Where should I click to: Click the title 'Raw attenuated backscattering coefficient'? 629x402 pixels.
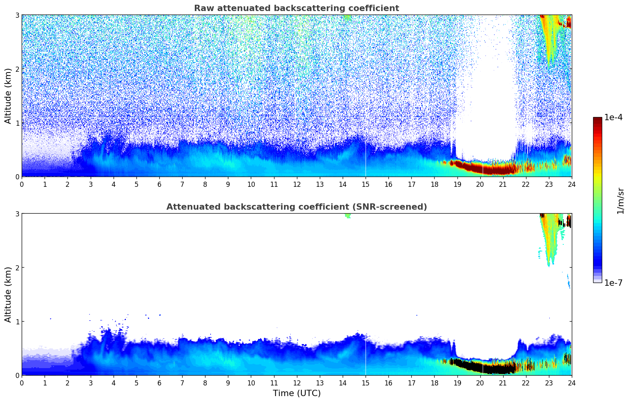coord(297,8)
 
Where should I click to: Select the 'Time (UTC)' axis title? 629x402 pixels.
coord(297,393)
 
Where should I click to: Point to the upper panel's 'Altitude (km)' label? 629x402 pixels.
coord(8,96)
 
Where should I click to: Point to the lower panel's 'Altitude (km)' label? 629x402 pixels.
coord(8,294)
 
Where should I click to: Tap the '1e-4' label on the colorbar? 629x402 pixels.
coord(613,117)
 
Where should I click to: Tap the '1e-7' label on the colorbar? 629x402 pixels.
coord(613,283)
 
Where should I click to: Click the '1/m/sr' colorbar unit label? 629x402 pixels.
coord(620,201)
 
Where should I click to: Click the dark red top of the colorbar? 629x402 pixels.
coord(597,119)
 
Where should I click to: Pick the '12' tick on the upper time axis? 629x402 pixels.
coord(297,184)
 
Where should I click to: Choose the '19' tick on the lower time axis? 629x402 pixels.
coord(457,383)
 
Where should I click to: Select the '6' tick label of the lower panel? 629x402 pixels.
coord(159,383)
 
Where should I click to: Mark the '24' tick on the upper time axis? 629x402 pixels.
coord(571,184)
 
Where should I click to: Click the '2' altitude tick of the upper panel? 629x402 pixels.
coord(17,69)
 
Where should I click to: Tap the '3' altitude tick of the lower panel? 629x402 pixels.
coord(17,214)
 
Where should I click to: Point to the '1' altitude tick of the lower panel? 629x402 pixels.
coord(17,322)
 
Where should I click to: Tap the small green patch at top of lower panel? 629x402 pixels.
coord(347,216)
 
